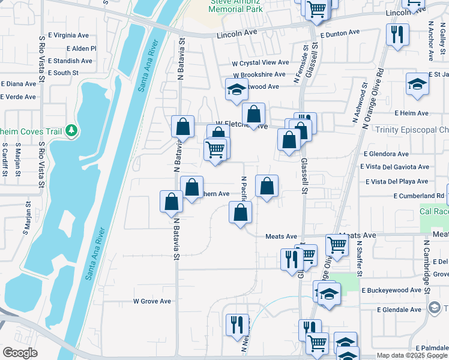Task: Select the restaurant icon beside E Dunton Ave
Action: (x=396, y=34)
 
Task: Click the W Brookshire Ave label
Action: (x=259, y=74)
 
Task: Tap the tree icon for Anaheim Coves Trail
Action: (x=71, y=130)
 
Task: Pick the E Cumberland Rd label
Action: (x=418, y=196)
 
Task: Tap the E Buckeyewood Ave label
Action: (x=391, y=290)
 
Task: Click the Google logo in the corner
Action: (x=20, y=353)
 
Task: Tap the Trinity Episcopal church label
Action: (x=411, y=130)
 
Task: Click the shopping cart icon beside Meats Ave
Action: (x=337, y=244)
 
